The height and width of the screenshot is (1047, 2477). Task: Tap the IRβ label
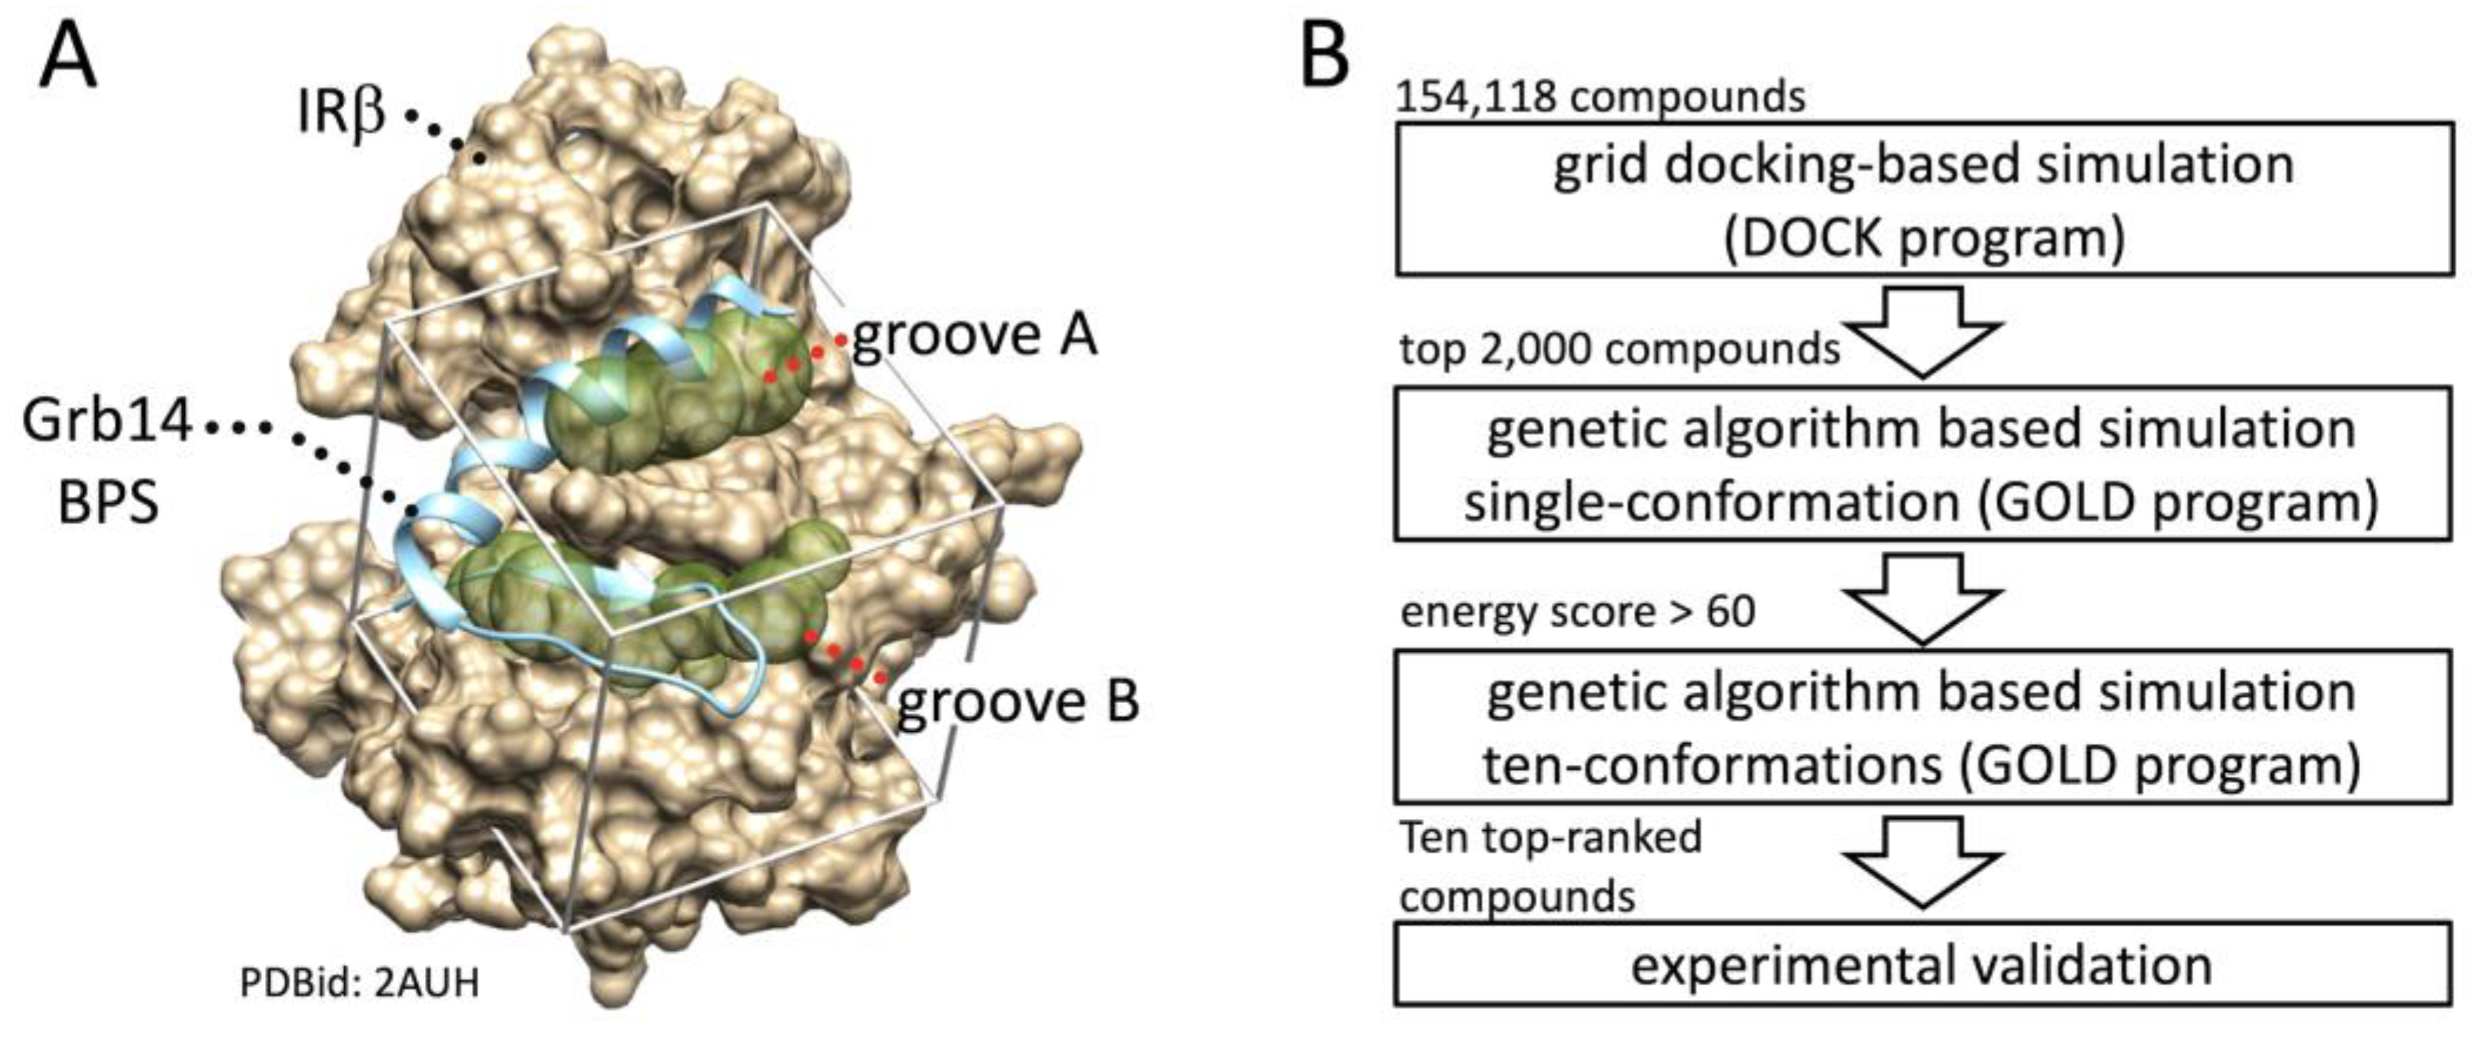coord(341,114)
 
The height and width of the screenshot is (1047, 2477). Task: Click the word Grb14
coord(107,423)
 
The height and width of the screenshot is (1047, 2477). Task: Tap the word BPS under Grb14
coord(107,502)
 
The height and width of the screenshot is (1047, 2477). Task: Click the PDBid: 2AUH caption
coord(359,984)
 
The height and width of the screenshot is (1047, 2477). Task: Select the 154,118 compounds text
coord(1600,96)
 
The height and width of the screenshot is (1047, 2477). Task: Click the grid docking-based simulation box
coord(1923,199)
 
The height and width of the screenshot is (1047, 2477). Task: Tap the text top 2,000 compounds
coord(1619,349)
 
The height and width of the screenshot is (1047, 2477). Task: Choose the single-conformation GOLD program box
coord(1923,463)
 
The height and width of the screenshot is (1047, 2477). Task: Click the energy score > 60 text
coord(1578,611)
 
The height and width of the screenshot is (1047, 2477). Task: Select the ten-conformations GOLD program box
coord(1923,726)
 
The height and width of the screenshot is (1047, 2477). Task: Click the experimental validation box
coord(1923,964)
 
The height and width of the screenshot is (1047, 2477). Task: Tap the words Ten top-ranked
coord(1550,836)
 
